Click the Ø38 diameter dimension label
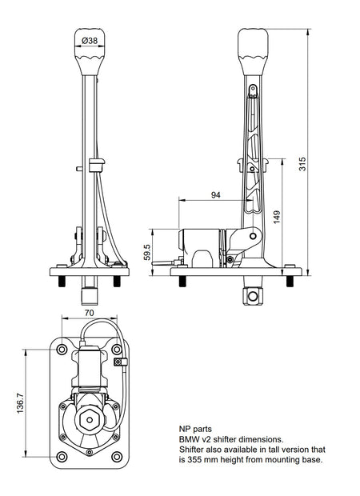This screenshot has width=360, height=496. (x=90, y=41)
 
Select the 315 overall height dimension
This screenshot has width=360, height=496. (x=302, y=164)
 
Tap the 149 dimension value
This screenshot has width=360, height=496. (x=277, y=217)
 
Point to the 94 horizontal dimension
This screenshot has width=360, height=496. (x=215, y=195)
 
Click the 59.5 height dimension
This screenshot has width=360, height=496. (x=147, y=252)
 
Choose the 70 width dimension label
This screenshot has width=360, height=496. (x=90, y=313)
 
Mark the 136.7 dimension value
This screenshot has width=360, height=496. (x=20, y=403)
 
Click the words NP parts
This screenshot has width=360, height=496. (x=195, y=430)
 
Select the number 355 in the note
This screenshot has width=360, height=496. (x=194, y=459)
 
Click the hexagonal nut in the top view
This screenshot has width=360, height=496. (x=90, y=420)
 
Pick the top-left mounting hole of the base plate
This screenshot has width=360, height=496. (x=62, y=350)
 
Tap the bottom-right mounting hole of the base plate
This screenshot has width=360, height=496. (x=117, y=457)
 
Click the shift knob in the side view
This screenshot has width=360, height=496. (x=253, y=52)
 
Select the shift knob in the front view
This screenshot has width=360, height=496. (x=90, y=52)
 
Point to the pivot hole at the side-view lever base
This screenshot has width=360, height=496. (x=253, y=236)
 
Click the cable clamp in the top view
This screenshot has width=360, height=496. (x=121, y=362)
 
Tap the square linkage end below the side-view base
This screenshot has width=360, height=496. (x=253, y=296)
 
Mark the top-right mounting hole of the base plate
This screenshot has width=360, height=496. (x=117, y=350)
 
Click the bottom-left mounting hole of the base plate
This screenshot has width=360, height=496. (x=62, y=457)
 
